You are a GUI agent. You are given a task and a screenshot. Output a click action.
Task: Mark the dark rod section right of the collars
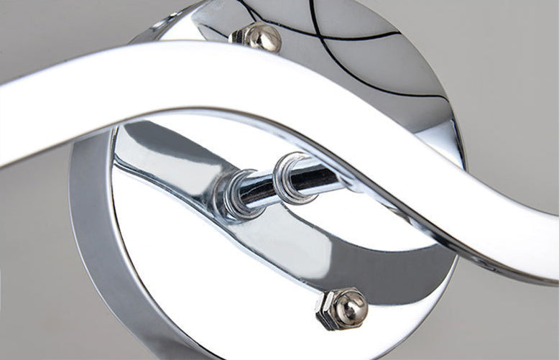click(x=327, y=176)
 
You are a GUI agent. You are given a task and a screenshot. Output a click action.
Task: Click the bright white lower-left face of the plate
click(x=172, y=273)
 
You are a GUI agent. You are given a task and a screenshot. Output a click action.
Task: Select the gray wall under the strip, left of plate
click(x=36, y=237)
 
